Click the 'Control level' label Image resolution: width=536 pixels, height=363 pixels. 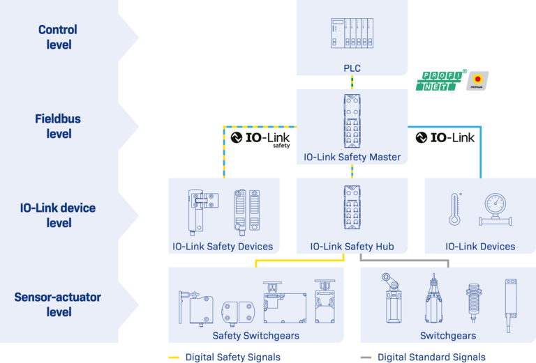pos(58,38)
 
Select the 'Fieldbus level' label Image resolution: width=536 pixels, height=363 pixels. pos(58,126)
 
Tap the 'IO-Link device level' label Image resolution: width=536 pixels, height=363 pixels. pos(58,215)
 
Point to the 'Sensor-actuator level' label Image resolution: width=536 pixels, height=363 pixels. pos(58,304)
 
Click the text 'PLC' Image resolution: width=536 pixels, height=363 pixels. pos(351,68)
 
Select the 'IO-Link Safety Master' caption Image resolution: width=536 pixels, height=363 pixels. pos(351,157)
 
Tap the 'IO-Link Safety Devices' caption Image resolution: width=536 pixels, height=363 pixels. pos(223,246)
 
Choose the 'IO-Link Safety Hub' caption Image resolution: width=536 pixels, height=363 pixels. pos(351,246)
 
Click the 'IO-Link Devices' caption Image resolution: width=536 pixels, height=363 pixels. pos(480,246)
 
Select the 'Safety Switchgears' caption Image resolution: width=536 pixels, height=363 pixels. pos(255,336)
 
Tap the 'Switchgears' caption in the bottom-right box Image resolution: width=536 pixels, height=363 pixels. pos(448,336)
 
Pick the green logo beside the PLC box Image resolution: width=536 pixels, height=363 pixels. pos(438,82)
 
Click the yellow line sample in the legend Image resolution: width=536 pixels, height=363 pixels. pos(173,356)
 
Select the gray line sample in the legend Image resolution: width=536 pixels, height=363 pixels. pos(365,356)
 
